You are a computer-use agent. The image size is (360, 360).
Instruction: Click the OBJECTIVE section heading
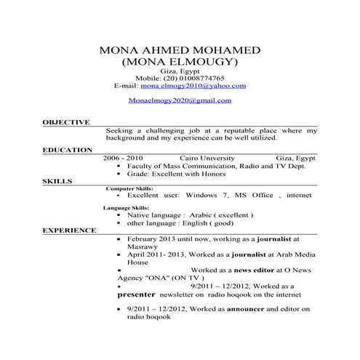66,123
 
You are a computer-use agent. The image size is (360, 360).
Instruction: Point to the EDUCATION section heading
68,150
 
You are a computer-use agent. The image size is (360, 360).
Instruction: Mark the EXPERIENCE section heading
69,230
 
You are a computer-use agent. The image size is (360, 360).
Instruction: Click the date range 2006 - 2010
123,157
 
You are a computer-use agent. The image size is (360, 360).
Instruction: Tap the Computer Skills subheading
129,188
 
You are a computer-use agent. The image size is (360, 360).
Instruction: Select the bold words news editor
232,270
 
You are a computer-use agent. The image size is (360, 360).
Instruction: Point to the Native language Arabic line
190,216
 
